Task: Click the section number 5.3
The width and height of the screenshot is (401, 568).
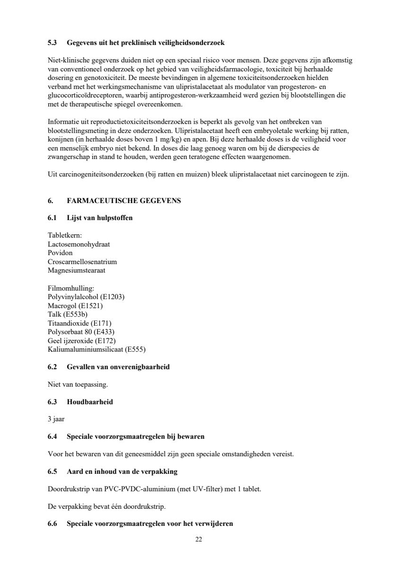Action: click(x=52, y=43)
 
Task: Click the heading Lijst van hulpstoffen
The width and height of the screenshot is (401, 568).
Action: click(x=100, y=218)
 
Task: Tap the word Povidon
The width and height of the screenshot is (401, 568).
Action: click(x=60, y=253)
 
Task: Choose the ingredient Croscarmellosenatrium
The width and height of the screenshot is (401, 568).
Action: click(x=82, y=262)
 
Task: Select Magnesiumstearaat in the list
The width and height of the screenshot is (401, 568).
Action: click(x=77, y=271)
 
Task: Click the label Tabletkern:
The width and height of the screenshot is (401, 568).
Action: click(x=65, y=235)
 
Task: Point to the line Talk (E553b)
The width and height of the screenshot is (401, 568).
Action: click(x=68, y=314)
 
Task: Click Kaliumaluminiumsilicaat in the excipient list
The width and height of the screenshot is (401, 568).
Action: click(x=85, y=350)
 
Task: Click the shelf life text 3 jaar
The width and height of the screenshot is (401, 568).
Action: click(x=56, y=419)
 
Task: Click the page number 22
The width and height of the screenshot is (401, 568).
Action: click(x=199, y=539)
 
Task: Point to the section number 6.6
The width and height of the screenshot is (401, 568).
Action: click(x=52, y=524)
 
